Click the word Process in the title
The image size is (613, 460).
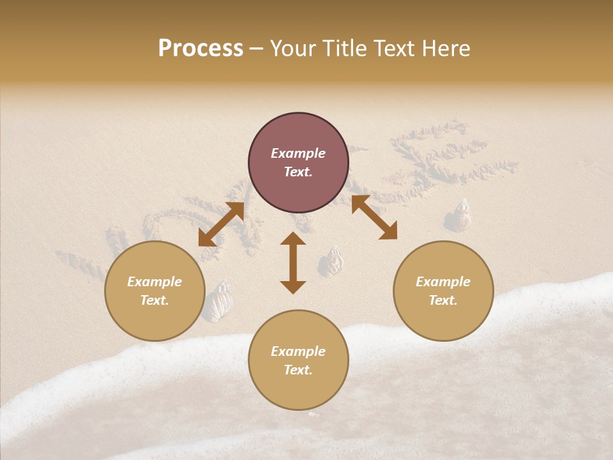click(201, 49)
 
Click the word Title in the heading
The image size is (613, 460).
click(344, 49)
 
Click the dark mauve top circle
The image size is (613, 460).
click(298, 162)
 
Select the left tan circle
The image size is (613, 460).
click(155, 291)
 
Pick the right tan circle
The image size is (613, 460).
click(443, 291)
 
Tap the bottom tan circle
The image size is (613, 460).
click(298, 360)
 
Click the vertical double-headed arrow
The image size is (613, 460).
click(293, 263)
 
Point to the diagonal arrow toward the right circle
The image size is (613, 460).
click(374, 217)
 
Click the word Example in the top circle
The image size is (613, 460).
click(298, 153)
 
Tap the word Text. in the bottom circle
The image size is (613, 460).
click(298, 370)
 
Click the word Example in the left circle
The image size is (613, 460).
click(155, 282)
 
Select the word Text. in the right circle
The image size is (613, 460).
click(443, 300)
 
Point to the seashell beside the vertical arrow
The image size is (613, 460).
click(330, 262)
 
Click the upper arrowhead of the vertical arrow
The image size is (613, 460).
click(293, 238)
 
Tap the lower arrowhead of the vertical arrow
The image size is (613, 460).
click(293, 287)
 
